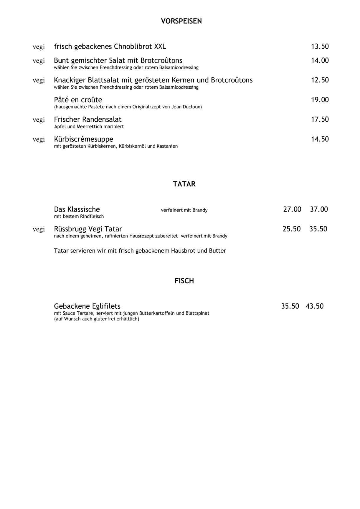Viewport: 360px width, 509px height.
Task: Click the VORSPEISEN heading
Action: [x=181, y=21]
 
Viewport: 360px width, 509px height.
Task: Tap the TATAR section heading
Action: [x=184, y=184]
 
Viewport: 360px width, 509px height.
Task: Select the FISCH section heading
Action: [x=184, y=281]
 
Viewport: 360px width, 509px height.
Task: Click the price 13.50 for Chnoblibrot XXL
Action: [x=320, y=47]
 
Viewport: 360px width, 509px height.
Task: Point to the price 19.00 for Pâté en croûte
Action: [x=320, y=100]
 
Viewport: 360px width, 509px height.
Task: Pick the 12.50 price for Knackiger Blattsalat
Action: [x=320, y=80]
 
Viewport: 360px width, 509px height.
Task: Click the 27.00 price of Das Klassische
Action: [x=292, y=209]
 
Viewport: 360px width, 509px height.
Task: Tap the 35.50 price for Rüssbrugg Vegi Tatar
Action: [x=318, y=229]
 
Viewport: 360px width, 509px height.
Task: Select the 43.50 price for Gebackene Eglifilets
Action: [x=314, y=306]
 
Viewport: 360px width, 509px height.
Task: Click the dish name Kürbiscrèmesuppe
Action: [x=83, y=139]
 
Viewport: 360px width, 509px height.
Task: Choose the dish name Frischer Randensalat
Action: [x=87, y=120]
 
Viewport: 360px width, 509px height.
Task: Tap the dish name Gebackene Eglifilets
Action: [x=87, y=306]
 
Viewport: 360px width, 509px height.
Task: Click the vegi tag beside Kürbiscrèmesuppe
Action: [x=39, y=140]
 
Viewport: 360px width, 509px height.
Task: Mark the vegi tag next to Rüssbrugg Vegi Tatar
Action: [x=39, y=229]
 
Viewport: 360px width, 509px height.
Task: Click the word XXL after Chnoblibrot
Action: [x=160, y=47]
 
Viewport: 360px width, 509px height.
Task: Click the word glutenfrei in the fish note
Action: [x=105, y=319]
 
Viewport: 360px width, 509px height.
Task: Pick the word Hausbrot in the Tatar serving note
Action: [x=183, y=251]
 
